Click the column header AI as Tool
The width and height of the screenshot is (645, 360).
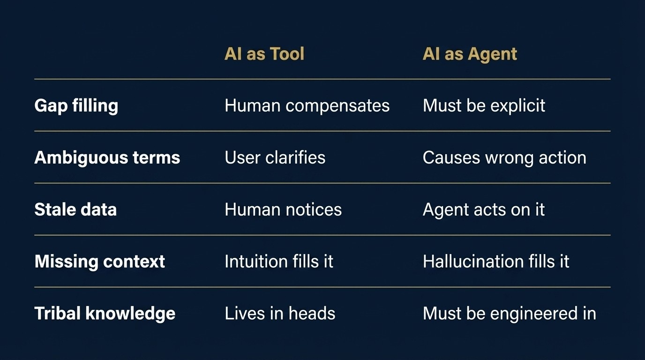pyautogui.click(x=264, y=54)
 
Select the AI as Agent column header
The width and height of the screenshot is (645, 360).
pyautogui.click(x=470, y=54)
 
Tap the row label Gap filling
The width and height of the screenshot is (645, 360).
pyautogui.click(x=76, y=105)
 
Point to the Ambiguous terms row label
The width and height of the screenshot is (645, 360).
pyautogui.click(x=107, y=157)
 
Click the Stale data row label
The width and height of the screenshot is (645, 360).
pyautogui.click(x=75, y=210)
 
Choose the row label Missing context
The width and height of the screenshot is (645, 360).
pyautogui.click(x=99, y=262)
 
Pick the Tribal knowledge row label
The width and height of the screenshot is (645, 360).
pyautogui.click(x=105, y=314)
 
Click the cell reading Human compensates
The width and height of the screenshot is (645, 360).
pyautogui.click(x=307, y=105)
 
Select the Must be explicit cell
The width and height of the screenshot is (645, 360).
pyautogui.click(x=484, y=105)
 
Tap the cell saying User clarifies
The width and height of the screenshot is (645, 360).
pyautogui.click(x=275, y=157)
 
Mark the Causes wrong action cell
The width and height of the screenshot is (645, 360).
pyautogui.click(x=504, y=157)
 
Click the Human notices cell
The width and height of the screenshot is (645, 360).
pyautogui.click(x=283, y=210)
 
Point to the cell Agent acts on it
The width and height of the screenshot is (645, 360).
pyautogui.click(x=484, y=210)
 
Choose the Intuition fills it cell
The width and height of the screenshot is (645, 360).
pyautogui.click(x=279, y=262)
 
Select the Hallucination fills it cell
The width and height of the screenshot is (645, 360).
pyautogui.click(x=496, y=262)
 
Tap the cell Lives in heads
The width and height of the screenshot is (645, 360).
pyautogui.click(x=280, y=314)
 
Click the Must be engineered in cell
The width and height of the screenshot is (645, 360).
pyautogui.click(x=509, y=314)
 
